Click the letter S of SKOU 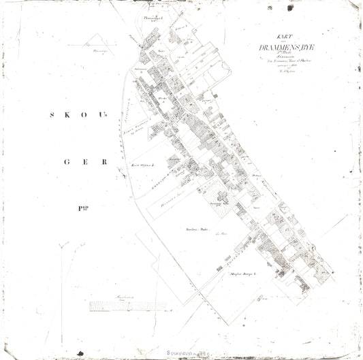pos(52,115)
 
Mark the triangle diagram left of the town pos(101,47)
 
